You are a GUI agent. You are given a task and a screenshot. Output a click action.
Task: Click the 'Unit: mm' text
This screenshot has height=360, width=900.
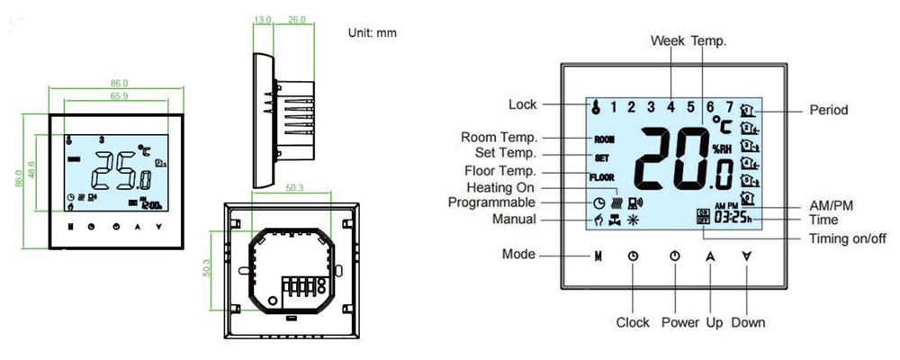pos(372,32)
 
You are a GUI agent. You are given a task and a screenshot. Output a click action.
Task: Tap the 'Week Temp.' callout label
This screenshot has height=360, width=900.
pos(688,40)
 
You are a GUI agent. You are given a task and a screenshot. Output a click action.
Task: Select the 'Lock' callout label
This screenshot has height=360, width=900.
pos(522,104)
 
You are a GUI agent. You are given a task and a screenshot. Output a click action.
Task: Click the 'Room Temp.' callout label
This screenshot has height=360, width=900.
pos(499,138)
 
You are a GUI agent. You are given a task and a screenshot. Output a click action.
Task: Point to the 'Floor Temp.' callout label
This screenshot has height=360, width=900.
pos(499,171)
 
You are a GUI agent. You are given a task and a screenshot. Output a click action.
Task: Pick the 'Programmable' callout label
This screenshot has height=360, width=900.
pos(492,202)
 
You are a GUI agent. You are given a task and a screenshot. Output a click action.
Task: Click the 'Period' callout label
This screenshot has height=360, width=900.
pos(829,110)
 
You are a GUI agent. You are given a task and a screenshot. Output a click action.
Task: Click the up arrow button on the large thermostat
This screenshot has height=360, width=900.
pos(710,256)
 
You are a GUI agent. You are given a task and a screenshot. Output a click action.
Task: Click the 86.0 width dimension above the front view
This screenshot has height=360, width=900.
pos(118,83)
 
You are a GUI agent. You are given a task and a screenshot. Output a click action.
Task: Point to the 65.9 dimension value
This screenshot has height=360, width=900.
pos(118,94)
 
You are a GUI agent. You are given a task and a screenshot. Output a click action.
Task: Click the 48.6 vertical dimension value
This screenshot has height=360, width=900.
pos(31,169)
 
